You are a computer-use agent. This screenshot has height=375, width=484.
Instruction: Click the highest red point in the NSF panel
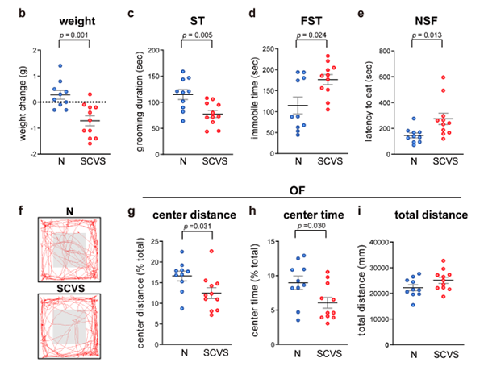pos(442,77)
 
